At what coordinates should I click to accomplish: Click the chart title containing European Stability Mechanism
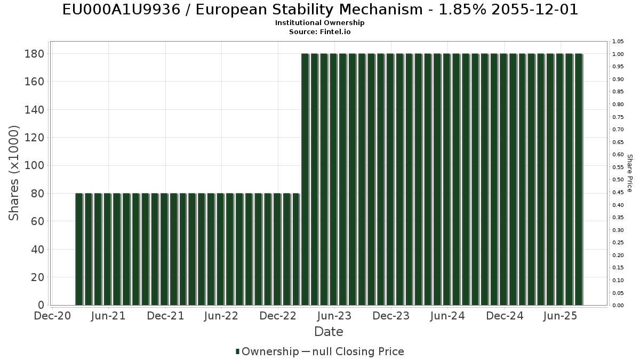pyautogui.click(x=320, y=10)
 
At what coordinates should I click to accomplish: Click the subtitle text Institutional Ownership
pyautogui.click(x=320, y=23)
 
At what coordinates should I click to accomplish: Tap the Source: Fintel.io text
pyautogui.click(x=320, y=32)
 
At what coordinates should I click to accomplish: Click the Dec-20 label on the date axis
pyautogui.click(x=53, y=316)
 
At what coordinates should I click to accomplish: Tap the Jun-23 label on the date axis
pyautogui.click(x=334, y=316)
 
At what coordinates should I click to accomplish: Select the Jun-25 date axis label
pyautogui.click(x=561, y=316)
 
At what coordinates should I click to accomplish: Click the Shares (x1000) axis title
pyautogui.click(x=14, y=173)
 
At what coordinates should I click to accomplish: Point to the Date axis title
pyautogui.click(x=329, y=332)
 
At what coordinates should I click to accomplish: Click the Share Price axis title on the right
pyautogui.click(x=629, y=173)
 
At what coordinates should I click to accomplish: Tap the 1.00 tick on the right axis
pyautogui.click(x=618, y=54)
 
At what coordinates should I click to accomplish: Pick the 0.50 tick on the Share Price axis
pyautogui.click(x=618, y=180)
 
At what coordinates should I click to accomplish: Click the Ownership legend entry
pyautogui.click(x=270, y=351)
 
